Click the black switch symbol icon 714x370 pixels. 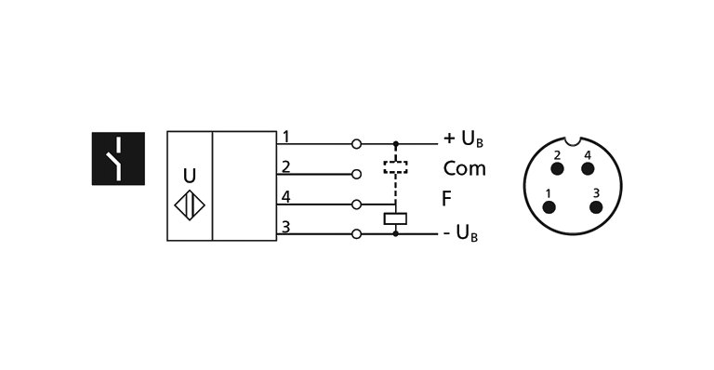(x=118, y=158)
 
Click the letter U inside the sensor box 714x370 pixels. (x=190, y=176)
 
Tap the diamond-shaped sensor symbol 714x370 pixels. (x=190, y=205)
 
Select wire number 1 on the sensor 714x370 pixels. (x=285, y=138)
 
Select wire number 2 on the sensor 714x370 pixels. (x=285, y=167)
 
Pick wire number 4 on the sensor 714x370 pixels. (x=285, y=197)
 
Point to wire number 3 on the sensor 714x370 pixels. (x=285, y=227)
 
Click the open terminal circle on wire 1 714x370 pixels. (x=357, y=144)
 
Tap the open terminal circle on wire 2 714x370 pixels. (x=357, y=174)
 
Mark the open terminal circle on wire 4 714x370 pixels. (x=357, y=204)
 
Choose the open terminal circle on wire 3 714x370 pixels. (x=357, y=234)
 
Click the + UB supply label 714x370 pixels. (x=463, y=140)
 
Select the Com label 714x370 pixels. (x=464, y=169)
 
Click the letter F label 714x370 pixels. (x=447, y=199)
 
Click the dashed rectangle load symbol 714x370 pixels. (x=396, y=169)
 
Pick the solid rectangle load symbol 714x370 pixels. (x=396, y=219)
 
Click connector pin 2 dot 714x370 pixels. (x=557, y=169)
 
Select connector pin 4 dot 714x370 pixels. (x=588, y=169)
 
